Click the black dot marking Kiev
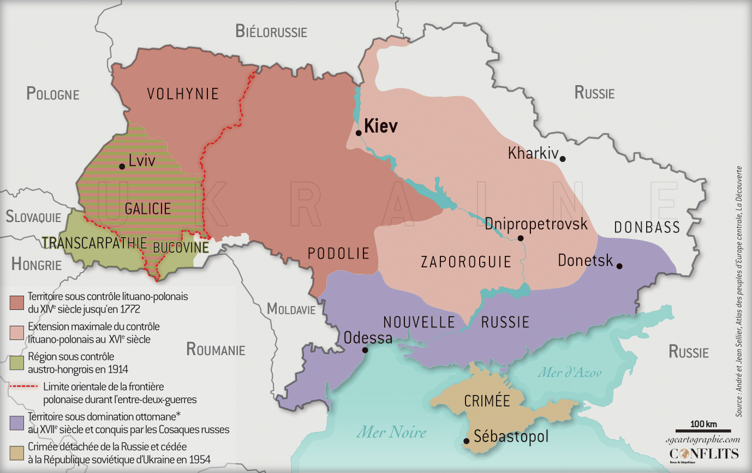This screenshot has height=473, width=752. [x=359, y=133]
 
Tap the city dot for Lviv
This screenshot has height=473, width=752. [x=122, y=166]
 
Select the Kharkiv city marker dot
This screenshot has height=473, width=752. [x=563, y=159]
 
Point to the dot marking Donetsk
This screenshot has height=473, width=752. [x=619, y=266]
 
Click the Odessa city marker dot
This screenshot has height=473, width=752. [x=365, y=350]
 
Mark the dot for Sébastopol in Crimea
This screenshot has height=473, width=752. [x=466, y=441]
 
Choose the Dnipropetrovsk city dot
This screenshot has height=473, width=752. [x=521, y=238]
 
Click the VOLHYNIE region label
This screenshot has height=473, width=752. [x=183, y=94]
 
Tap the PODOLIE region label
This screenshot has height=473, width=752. [x=338, y=253]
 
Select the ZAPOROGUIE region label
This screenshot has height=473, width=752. [x=466, y=262]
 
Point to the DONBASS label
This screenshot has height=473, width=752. [x=647, y=227]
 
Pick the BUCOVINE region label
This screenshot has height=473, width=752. [x=181, y=248]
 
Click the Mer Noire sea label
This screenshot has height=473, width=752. [x=391, y=433]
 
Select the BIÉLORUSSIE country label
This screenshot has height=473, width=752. [x=271, y=32]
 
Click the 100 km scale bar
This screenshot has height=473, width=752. [x=695, y=431]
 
